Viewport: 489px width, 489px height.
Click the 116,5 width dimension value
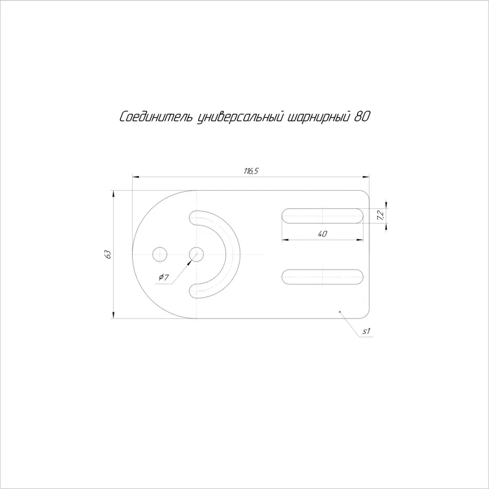(x=251, y=171)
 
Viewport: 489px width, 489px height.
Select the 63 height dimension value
(x=108, y=254)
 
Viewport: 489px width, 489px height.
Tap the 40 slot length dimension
(x=323, y=233)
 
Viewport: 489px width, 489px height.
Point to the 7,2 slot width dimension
(x=380, y=216)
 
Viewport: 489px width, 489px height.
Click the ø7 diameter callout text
(x=164, y=277)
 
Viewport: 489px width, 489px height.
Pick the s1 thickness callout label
(x=366, y=331)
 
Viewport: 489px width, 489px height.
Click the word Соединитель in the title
(x=156, y=117)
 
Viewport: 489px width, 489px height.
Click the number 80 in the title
(x=362, y=117)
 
